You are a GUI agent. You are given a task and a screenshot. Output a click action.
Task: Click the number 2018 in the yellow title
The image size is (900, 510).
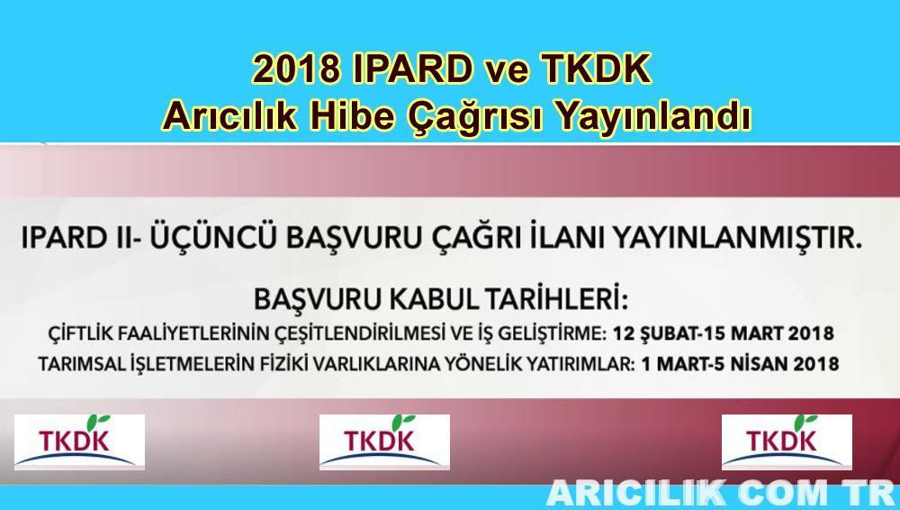point(295,69)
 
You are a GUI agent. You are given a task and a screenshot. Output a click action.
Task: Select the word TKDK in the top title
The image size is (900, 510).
point(596,69)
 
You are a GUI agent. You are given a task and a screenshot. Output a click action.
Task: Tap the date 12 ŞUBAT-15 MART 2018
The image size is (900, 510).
point(724,333)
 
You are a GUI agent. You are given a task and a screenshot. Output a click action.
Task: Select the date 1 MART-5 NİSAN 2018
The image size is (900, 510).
point(740,364)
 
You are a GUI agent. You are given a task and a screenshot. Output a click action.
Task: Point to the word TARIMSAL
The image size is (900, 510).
point(73,364)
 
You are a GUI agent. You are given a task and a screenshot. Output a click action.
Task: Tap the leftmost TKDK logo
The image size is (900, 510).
point(80,442)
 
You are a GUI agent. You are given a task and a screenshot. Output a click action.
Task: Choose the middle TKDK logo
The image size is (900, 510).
point(384,442)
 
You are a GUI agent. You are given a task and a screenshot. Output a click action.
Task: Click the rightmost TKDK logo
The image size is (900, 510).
point(787,442)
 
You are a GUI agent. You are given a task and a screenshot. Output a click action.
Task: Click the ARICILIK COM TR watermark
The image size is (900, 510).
point(722,493)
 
